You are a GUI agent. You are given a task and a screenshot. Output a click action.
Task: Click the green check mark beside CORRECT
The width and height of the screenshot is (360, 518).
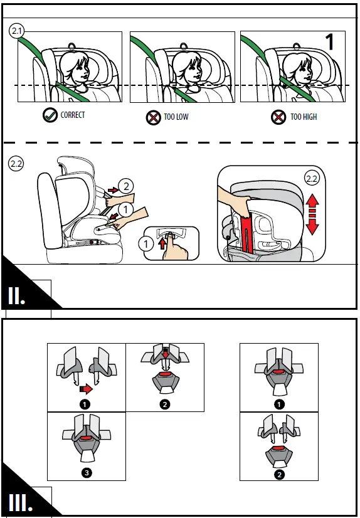pos(50,115)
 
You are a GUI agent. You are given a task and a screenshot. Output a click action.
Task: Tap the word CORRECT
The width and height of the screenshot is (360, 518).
pos(73,115)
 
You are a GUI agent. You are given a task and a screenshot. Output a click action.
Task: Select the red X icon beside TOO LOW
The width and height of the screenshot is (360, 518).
pos(154,117)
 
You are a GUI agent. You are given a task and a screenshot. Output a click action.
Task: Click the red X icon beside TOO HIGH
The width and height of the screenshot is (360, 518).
pos(278,117)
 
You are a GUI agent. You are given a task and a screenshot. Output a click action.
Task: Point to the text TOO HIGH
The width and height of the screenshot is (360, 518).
pos(304,117)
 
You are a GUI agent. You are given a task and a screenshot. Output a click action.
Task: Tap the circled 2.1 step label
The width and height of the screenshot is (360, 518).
pos(16,31)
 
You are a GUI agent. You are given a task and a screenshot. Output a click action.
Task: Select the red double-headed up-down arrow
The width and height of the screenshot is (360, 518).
pos(312,214)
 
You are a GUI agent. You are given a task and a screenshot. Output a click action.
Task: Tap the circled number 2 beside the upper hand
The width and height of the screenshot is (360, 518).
pos(127,187)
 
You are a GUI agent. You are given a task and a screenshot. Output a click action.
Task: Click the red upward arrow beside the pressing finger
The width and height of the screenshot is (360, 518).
pos(162,244)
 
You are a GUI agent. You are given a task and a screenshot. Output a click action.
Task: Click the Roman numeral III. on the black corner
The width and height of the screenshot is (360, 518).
pos(21,503)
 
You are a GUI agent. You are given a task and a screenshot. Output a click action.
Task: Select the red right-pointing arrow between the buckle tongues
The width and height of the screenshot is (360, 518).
pos(86,390)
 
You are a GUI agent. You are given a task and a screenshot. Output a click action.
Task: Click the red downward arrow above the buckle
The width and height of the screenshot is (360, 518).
pos(166,353)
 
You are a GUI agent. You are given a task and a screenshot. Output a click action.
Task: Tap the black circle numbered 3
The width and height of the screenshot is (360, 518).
pos(87,473)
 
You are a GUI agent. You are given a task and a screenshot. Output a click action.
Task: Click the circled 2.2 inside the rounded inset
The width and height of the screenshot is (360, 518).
pos(312,179)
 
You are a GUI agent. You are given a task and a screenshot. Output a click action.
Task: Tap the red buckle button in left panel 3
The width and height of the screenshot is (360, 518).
pos(87,438)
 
